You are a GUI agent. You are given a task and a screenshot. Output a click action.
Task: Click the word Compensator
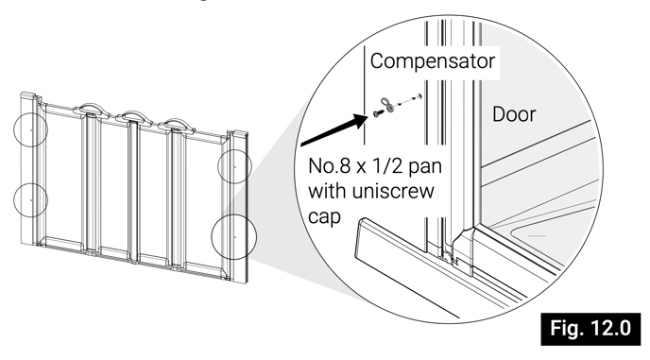[x=433, y=61]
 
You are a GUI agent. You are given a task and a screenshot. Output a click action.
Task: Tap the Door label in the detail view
[x=514, y=114]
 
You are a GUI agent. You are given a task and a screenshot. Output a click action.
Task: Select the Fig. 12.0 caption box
[x=590, y=329]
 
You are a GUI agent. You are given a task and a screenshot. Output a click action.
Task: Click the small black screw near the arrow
[x=378, y=112]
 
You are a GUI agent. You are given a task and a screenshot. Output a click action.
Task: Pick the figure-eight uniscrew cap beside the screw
[x=388, y=104]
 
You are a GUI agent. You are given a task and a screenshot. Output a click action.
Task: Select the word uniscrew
[x=393, y=191]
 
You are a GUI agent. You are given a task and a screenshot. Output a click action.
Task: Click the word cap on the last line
[x=324, y=217]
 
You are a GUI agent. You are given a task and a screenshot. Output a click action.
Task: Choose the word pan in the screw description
[x=425, y=167]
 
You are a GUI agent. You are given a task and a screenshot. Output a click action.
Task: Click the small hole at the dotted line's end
[x=419, y=96]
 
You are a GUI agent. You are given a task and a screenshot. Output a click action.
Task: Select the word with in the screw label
[x=328, y=191]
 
